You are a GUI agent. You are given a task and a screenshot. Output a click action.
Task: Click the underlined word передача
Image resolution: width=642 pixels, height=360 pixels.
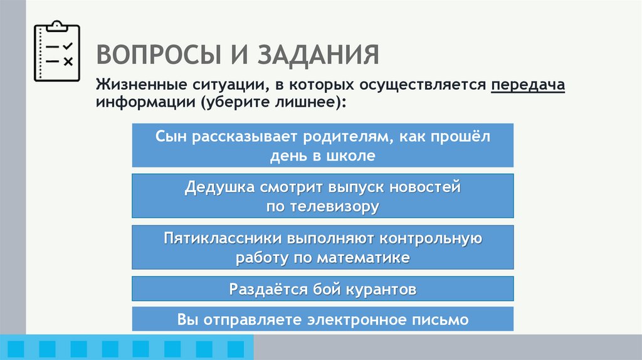[x=528, y=85]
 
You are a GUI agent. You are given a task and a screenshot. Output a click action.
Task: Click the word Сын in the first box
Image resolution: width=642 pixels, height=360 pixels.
[x=169, y=136]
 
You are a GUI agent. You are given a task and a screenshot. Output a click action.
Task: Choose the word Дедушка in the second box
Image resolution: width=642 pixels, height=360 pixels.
[x=219, y=187]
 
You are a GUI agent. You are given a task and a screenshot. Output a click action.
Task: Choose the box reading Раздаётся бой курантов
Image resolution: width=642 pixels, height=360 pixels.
[x=322, y=289]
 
